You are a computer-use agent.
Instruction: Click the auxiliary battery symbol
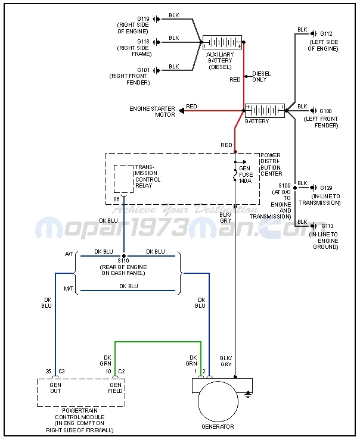pyautogui.click(x=222, y=42)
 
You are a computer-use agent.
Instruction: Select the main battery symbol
pyautogui.click(x=265, y=111)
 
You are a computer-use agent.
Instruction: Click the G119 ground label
pyautogui.click(x=143, y=19)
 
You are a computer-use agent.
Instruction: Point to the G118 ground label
pyautogui.click(x=143, y=42)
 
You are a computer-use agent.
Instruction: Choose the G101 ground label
pyautogui.click(x=143, y=70)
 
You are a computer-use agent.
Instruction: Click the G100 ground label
pyautogui.click(x=325, y=111)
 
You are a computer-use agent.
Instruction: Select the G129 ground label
pyautogui.click(x=325, y=188)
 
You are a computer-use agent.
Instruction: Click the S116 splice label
pyautogui.click(x=124, y=261)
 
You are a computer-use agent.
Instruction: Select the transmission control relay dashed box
pyautogui.click(x=123, y=179)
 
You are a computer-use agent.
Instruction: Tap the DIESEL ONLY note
pyautogui.click(x=260, y=76)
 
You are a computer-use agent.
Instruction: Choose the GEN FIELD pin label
pyautogui.click(x=115, y=388)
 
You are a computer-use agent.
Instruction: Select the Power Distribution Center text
pyautogui.click(x=271, y=164)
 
